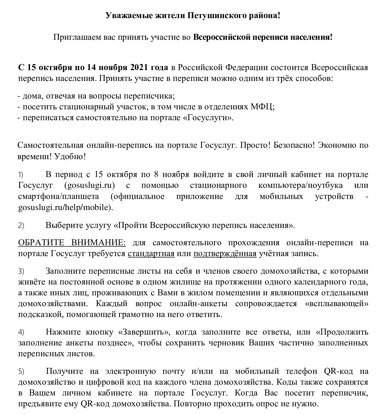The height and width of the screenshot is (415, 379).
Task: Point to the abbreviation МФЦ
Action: pos(263,107)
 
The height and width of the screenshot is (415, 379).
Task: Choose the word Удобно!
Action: pos(70,157)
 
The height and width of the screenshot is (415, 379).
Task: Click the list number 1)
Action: pos(21,175)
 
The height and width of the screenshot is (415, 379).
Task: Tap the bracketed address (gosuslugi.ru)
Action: pos(90,185)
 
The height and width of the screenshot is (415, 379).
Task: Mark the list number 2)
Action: pos(21,226)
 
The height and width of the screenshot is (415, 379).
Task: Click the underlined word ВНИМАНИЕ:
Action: pos(99,243)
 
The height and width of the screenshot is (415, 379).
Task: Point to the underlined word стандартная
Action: pos(151,253)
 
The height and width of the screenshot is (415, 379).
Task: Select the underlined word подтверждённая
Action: pos(225,253)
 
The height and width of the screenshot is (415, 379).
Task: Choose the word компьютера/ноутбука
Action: pos(300,185)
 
